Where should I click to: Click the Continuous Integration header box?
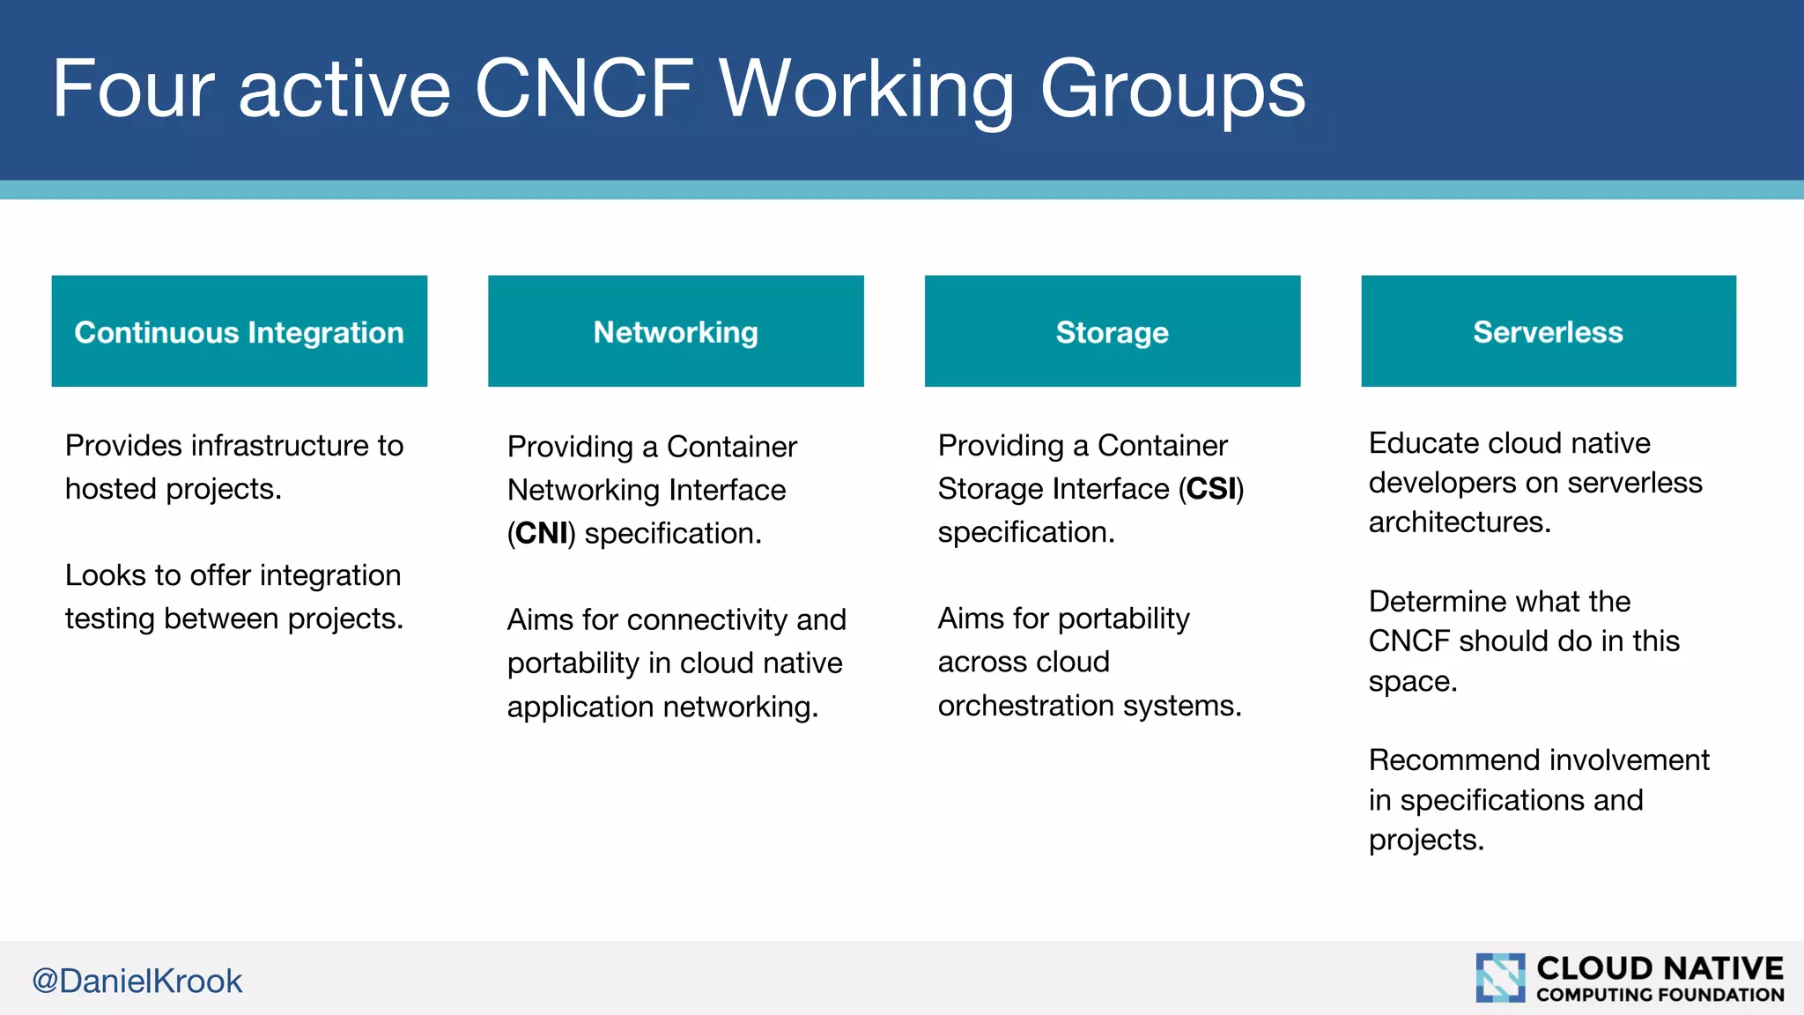(x=239, y=331)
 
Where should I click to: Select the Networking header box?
(x=676, y=331)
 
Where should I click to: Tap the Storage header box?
(x=1112, y=331)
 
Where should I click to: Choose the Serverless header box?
(x=1548, y=331)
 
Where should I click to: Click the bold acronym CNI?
(x=541, y=533)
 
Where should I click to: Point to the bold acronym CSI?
(x=1211, y=489)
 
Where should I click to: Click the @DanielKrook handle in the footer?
(x=137, y=981)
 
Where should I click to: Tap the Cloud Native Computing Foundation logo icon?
(x=1500, y=978)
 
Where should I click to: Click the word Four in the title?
(x=133, y=88)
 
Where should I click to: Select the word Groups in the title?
(x=1172, y=88)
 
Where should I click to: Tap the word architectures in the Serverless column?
(x=1458, y=522)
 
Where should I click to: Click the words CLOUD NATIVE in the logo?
(x=1660, y=968)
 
